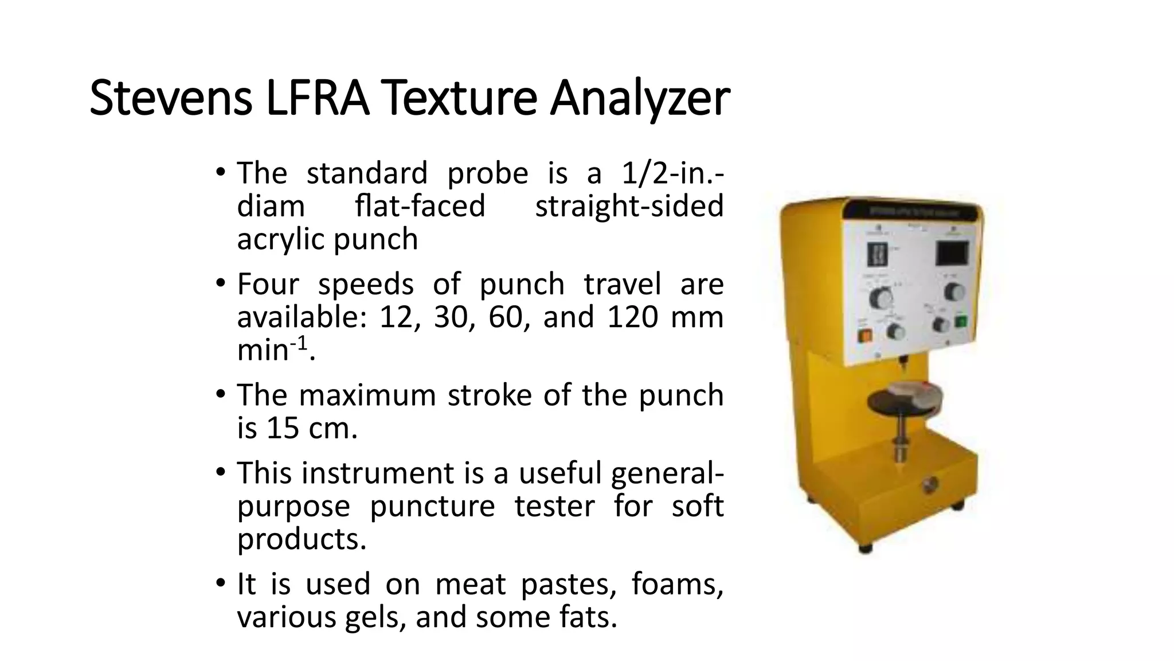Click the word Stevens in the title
tap(170, 98)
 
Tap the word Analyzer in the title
tap(639, 98)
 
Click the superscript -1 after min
tap(299, 343)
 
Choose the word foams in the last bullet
tap(677, 584)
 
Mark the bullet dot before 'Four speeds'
tap(221, 283)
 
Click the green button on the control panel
tap(961, 321)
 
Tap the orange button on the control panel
tap(863, 335)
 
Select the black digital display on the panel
tap(952, 252)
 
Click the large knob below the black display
tap(953, 291)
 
